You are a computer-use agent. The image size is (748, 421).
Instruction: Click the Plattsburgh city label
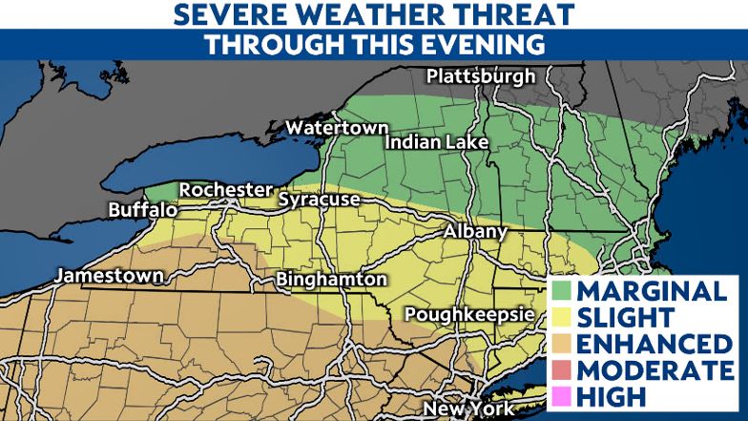pos(482,76)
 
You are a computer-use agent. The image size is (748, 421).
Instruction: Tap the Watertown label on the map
pos(338,128)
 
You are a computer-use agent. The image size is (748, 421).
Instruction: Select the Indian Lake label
pos(437,142)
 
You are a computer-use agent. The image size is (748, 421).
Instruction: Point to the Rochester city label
pos(226,190)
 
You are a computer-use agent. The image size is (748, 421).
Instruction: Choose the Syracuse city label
pos(319,200)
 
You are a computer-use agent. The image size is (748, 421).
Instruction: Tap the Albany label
pos(476,233)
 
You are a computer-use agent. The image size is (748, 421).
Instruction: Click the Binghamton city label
pos(330,280)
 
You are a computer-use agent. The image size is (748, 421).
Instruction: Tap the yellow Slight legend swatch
pos(563,317)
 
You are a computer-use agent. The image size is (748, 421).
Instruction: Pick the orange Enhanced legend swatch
pos(563,343)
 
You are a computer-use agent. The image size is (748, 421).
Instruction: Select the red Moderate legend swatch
pos(563,368)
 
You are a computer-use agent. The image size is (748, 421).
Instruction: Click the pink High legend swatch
pos(563,394)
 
